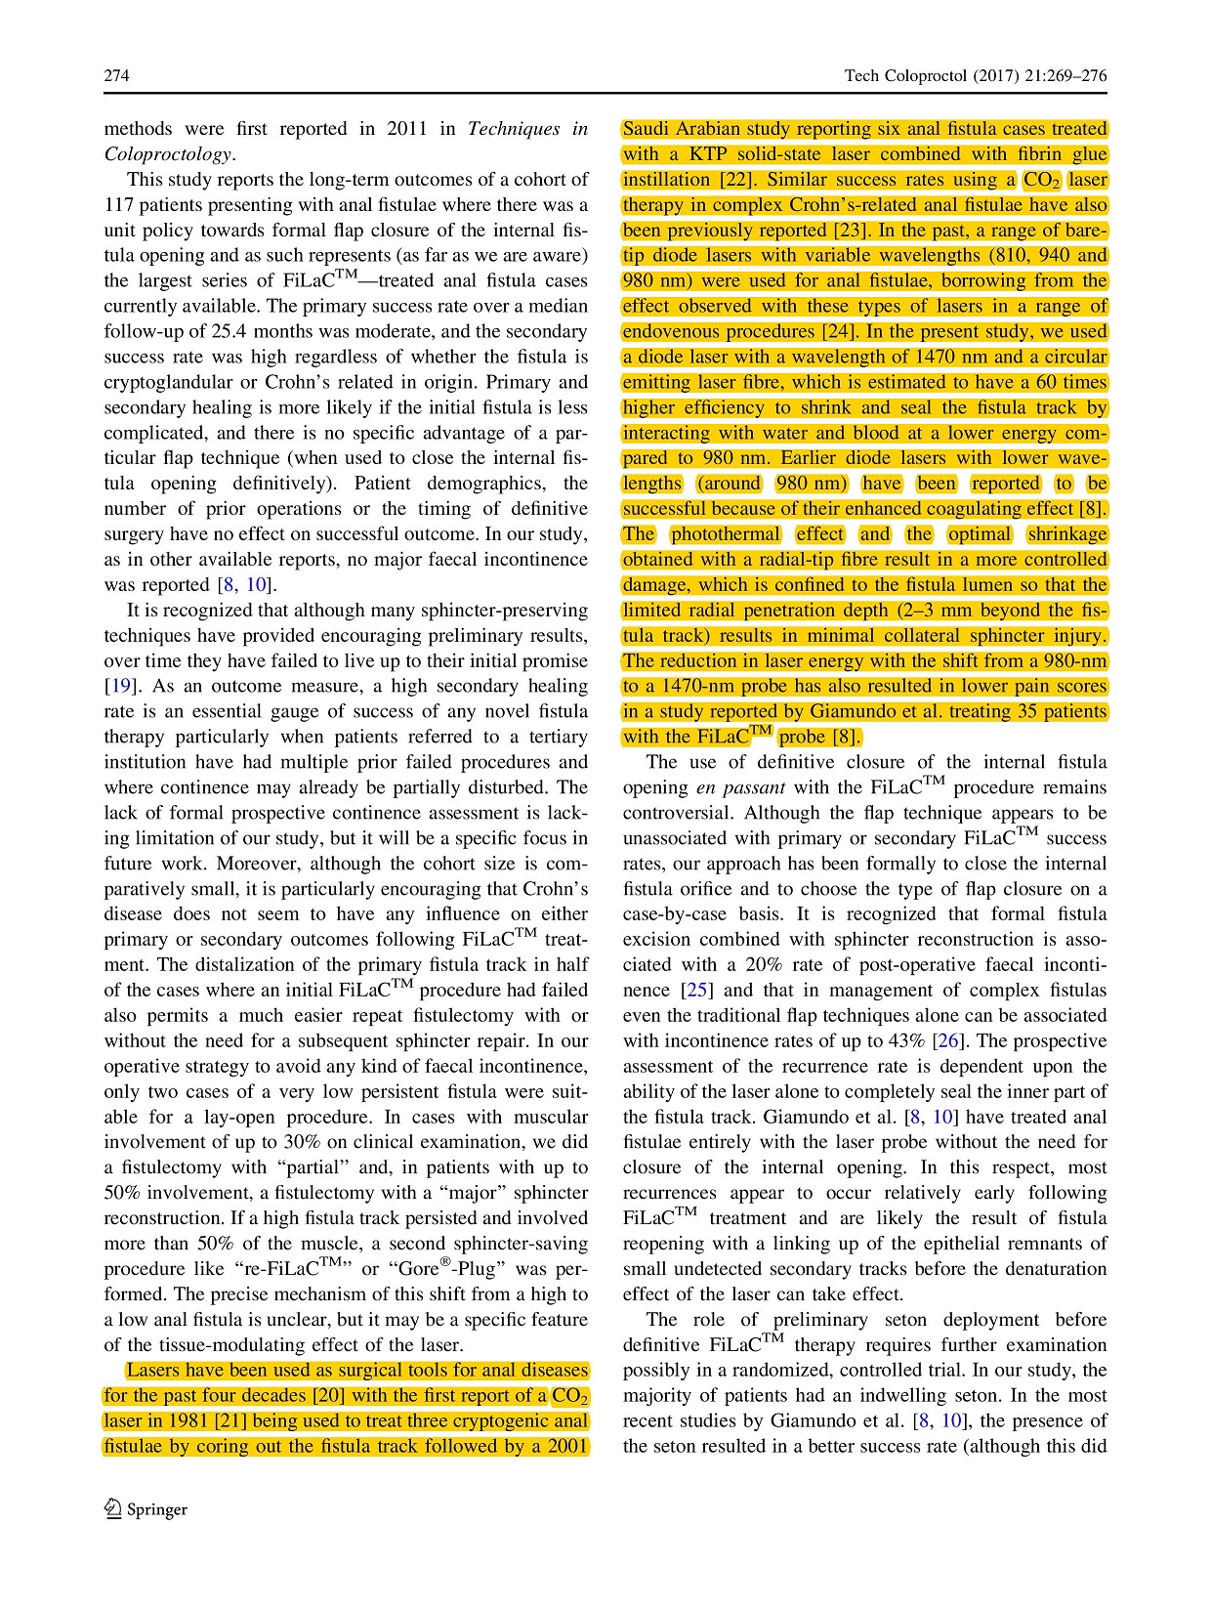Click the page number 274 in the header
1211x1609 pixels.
[x=116, y=76]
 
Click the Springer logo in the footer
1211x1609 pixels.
[x=146, y=1509]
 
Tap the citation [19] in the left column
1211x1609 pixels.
[x=117, y=686]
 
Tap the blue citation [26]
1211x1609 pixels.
[x=947, y=1041]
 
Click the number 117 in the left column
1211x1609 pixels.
[x=121, y=205]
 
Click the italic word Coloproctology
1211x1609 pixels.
[x=168, y=154]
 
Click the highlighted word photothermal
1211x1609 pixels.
[x=726, y=534]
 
